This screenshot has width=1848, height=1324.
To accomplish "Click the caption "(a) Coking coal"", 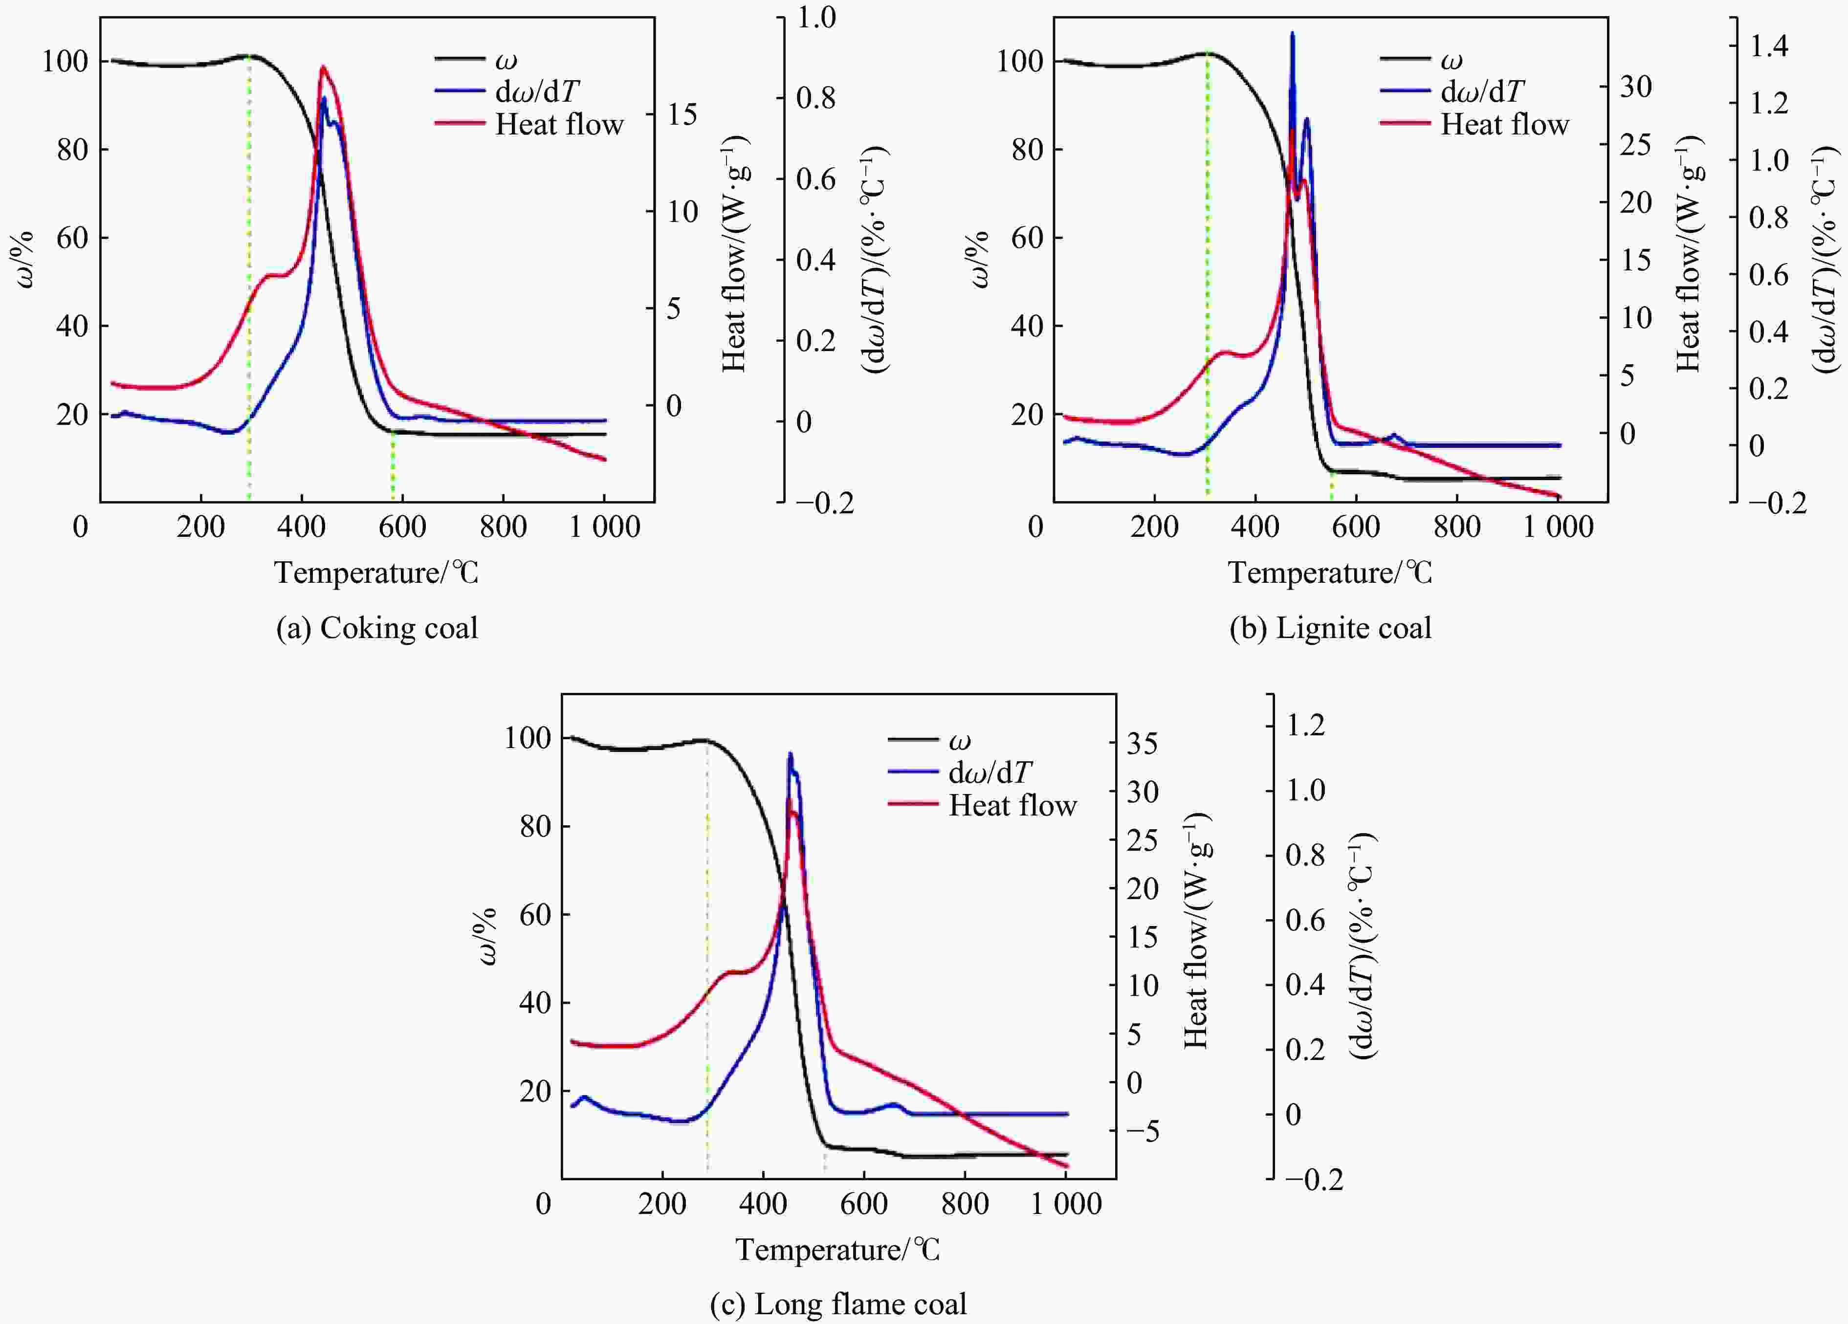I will click(377, 628).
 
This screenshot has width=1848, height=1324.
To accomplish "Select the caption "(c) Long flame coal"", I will click(838, 1303).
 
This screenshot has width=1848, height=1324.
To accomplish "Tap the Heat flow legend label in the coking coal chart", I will click(559, 125).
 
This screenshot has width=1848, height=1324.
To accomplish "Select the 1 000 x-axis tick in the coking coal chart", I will click(605, 527).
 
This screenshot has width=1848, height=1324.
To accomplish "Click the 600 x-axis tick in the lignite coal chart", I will click(1356, 527).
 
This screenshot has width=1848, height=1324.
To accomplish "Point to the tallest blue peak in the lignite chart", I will click(1292, 34).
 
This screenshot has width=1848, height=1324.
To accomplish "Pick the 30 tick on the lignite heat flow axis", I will click(1635, 87).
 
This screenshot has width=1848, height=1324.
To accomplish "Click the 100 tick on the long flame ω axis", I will click(528, 738).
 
